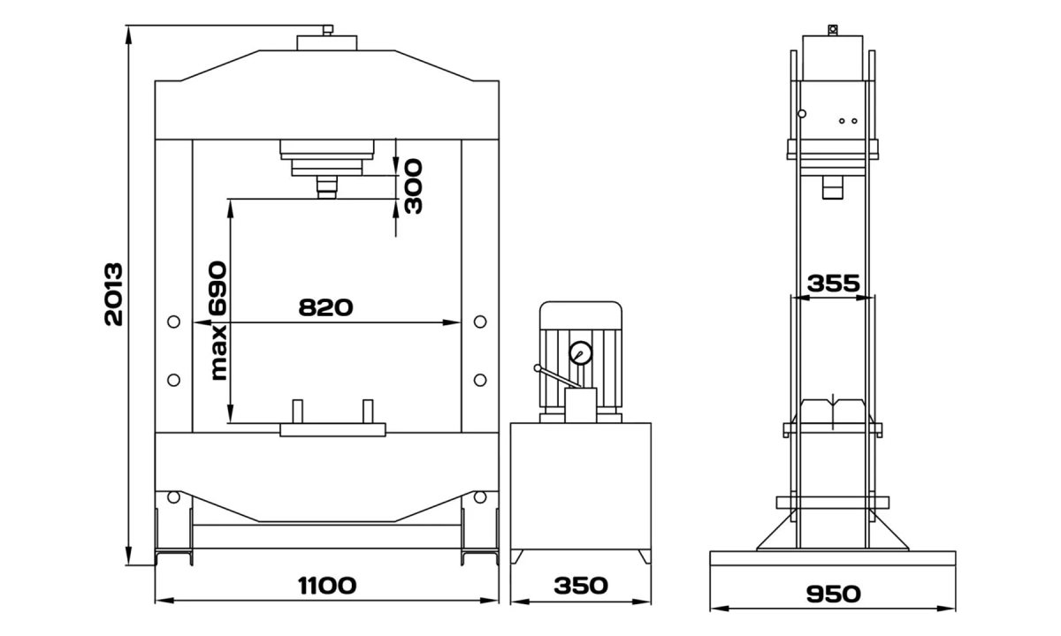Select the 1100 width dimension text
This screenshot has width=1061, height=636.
(327, 586)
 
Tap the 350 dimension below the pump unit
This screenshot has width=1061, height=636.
(581, 586)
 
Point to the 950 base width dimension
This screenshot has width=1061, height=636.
(834, 594)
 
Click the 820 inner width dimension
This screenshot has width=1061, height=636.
(325, 307)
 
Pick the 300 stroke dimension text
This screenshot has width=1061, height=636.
(412, 186)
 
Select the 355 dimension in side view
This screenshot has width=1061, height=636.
(834, 284)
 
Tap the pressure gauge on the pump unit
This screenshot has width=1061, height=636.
(582, 352)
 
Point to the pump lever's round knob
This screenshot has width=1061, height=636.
(537, 369)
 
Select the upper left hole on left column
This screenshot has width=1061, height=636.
(173, 322)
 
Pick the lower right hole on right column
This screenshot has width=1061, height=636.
(479, 379)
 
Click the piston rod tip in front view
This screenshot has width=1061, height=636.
(327, 189)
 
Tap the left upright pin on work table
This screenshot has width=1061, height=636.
(298, 413)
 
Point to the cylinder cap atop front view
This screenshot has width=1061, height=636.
(327, 42)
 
